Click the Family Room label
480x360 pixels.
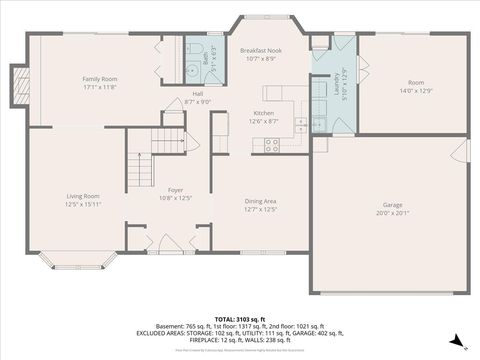point(100,78)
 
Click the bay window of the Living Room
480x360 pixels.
point(82,263)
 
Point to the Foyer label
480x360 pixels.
point(175,188)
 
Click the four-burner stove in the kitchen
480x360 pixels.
point(271,144)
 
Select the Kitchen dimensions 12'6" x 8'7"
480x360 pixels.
point(264,121)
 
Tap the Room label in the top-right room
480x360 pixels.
point(415,82)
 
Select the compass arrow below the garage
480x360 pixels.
point(457,342)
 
